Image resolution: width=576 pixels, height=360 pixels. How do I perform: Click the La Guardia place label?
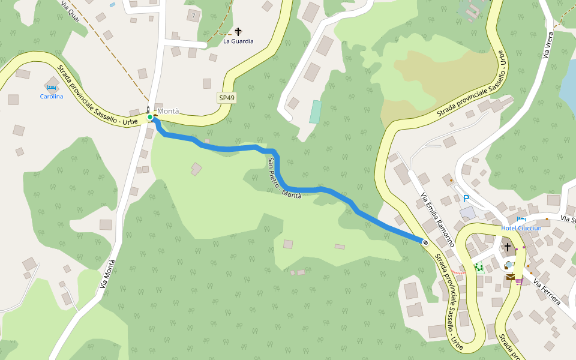tap(238, 41)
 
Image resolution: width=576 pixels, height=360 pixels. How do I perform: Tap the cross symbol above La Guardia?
tap(238, 31)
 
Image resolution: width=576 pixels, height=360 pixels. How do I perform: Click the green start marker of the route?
tap(150, 117)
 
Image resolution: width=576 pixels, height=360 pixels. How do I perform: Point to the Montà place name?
tap(168, 111)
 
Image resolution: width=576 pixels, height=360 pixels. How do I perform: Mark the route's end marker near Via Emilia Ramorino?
tap(425, 242)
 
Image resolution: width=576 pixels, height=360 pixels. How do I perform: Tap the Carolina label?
tap(52, 97)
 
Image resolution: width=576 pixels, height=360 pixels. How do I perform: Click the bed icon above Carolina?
tap(52, 88)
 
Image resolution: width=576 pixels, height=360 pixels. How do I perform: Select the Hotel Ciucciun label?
tap(521, 228)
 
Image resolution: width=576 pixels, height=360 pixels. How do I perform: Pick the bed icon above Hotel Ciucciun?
tap(521, 220)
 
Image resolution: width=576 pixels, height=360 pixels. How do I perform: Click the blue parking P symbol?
tap(466, 199)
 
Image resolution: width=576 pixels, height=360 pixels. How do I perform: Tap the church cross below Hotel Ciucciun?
tap(507, 247)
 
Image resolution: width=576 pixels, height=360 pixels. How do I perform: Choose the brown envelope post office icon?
tap(510, 277)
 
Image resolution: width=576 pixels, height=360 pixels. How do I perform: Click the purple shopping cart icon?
tap(518, 280)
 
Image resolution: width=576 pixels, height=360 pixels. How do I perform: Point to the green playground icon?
tap(479, 268)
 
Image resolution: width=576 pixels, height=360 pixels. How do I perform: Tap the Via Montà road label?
tap(107, 277)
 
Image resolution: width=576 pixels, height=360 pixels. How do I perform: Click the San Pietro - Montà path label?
tap(284, 179)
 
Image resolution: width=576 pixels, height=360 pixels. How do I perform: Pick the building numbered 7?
tap(194, 15)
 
